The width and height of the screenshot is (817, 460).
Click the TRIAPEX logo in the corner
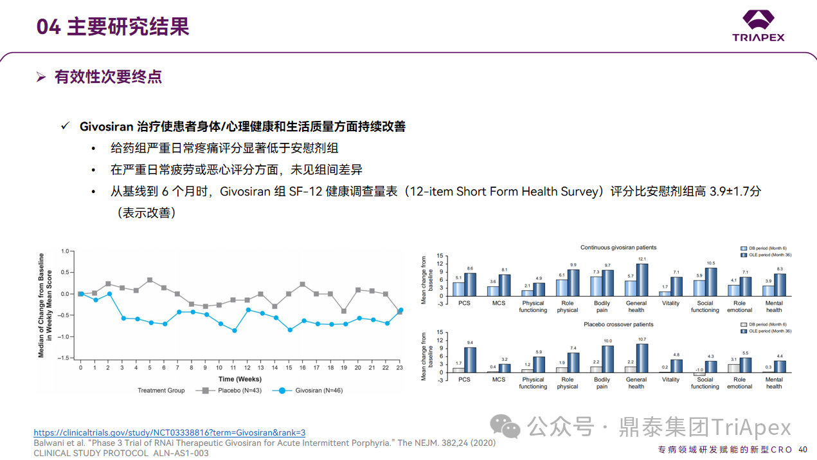(x=759, y=26)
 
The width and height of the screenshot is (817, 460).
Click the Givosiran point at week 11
(x=234, y=331)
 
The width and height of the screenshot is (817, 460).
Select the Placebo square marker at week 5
(x=150, y=280)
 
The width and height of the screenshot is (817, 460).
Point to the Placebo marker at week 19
(x=344, y=311)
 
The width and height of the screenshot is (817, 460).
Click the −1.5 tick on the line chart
(x=64, y=358)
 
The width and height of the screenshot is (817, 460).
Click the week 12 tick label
(x=247, y=367)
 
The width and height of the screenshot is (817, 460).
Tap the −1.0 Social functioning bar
(x=699, y=374)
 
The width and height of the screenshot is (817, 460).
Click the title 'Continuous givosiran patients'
(x=618, y=248)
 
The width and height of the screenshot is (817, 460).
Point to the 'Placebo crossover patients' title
(x=618, y=324)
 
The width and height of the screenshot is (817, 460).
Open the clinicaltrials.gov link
(x=170, y=433)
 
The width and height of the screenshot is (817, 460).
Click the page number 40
(x=803, y=449)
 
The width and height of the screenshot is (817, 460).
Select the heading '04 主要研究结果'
(x=113, y=27)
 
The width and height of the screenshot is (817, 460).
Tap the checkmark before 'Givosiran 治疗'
(x=65, y=126)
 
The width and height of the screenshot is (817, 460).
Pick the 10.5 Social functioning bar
(x=711, y=282)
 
